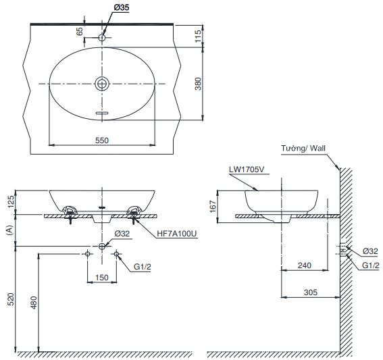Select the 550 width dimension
coord(102,140)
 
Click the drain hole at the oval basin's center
coord(102,83)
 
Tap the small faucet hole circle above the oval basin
coord(102,37)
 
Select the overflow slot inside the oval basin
coord(102,113)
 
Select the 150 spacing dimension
coord(102,277)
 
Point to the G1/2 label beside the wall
coord(369,266)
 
